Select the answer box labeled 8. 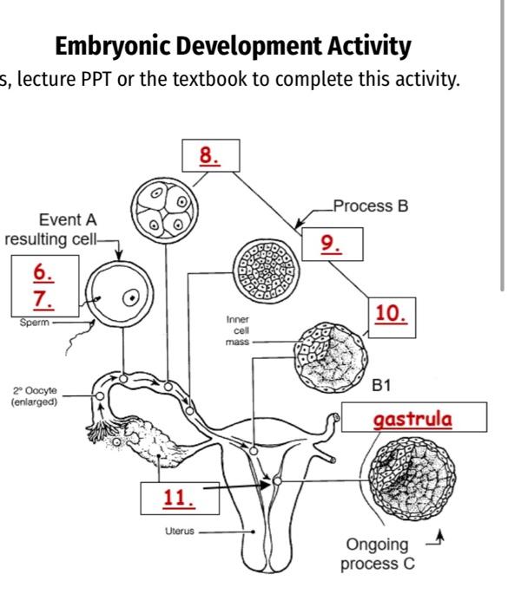click(x=209, y=156)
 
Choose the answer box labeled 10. click(x=392, y=315)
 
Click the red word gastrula click(x=399, y=420)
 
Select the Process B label click(x=371, y=206)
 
